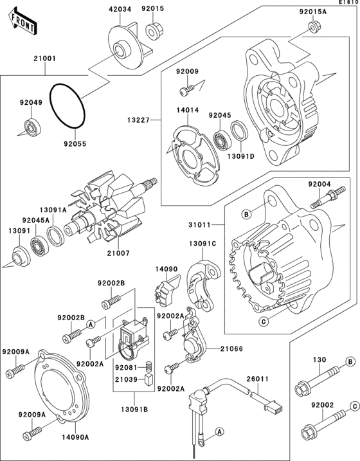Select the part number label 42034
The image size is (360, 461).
point(120,8)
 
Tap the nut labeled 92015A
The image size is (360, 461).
point(313,27)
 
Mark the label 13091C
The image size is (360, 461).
point(202,244)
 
